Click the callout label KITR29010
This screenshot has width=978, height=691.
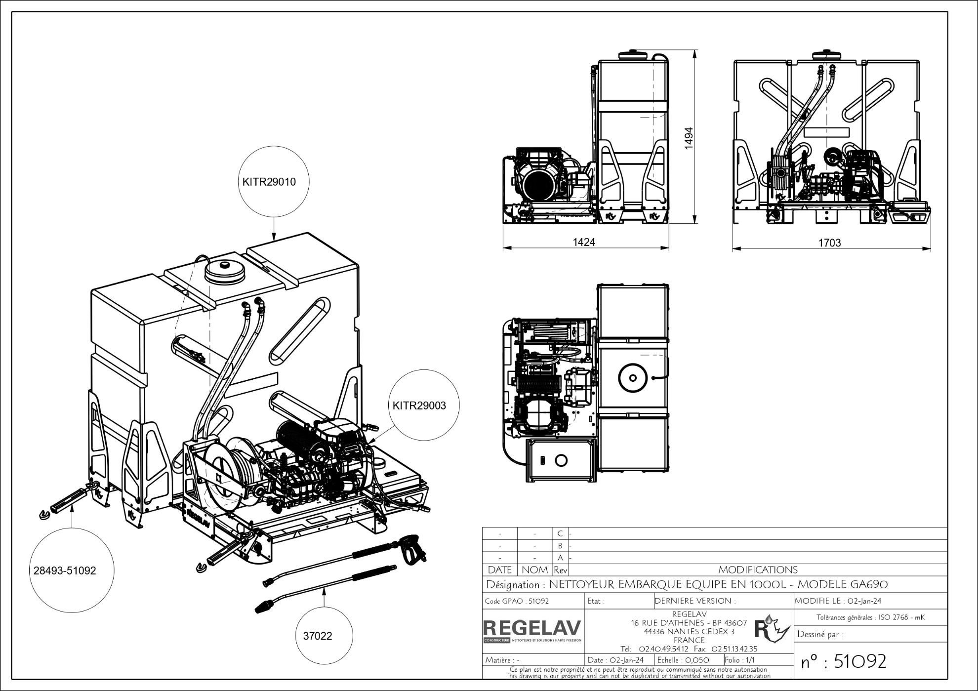point(269,182)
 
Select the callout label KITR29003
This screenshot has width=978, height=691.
point(419,406)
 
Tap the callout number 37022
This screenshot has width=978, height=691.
point(317,636)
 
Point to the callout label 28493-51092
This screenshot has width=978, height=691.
point(65,570)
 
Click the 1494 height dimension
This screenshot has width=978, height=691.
point(689,138)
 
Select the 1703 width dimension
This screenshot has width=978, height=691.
point(829,243)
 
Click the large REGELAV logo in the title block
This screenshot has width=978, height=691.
point(532,628)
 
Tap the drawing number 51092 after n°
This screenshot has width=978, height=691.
point(859,661)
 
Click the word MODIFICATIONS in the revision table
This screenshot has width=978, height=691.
point(758,570)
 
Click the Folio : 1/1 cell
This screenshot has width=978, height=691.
point(740,660)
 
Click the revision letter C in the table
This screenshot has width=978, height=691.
point(560,533)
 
